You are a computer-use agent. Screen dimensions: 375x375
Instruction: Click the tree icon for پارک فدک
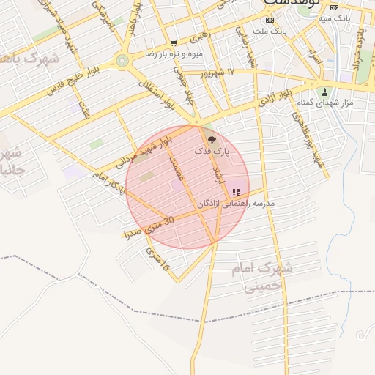tap(212, 138)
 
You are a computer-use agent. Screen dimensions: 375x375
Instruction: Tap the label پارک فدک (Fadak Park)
tap(212, 151)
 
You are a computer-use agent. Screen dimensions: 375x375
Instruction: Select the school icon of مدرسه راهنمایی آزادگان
tap(235, 192)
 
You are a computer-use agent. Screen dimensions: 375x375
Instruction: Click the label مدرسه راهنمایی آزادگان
tap(235, 203)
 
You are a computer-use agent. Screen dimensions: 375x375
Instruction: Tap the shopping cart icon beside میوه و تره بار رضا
tap(173, 43)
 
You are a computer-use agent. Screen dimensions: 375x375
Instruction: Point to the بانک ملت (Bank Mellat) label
tap(269, 31)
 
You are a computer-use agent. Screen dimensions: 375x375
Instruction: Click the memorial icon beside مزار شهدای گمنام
tap(324, 92)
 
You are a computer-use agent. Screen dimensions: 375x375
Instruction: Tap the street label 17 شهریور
tap(220, 72)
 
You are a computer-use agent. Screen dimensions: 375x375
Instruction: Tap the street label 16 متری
tap(157, 260)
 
